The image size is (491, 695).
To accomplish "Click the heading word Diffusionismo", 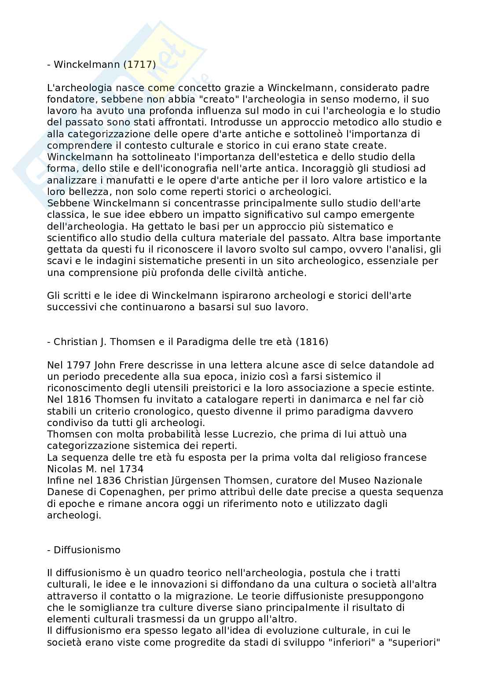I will coord(87,550).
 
